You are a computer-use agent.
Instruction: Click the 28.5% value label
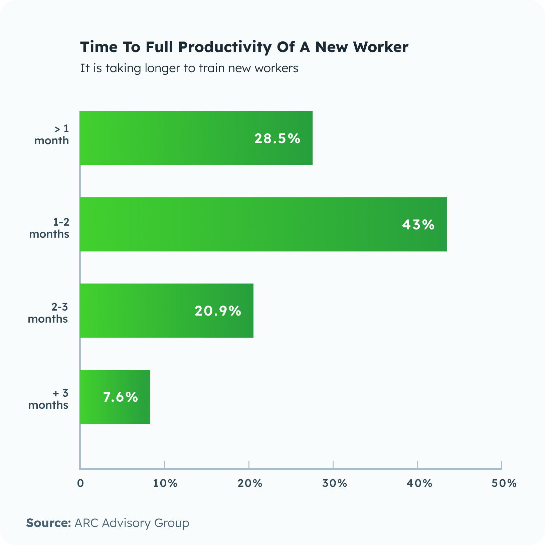[277, 139]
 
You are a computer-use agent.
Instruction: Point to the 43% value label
[418, 225]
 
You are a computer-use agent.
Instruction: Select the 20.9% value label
[218, 311]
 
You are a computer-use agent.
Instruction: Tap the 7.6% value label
[121, 397]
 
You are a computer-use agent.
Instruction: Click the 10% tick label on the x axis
[165, 483]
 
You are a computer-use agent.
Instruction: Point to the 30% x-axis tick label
[334, 483]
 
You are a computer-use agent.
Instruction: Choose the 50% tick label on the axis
[504, 483]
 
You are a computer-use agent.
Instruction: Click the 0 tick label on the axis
[80, 483]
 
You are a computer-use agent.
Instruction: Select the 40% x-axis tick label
[419, 483]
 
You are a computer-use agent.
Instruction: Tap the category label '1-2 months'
[49, 228]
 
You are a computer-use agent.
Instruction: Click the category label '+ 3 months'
[49, 399]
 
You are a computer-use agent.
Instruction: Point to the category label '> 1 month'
[52, 135]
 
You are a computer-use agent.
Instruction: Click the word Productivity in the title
[225, 47]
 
